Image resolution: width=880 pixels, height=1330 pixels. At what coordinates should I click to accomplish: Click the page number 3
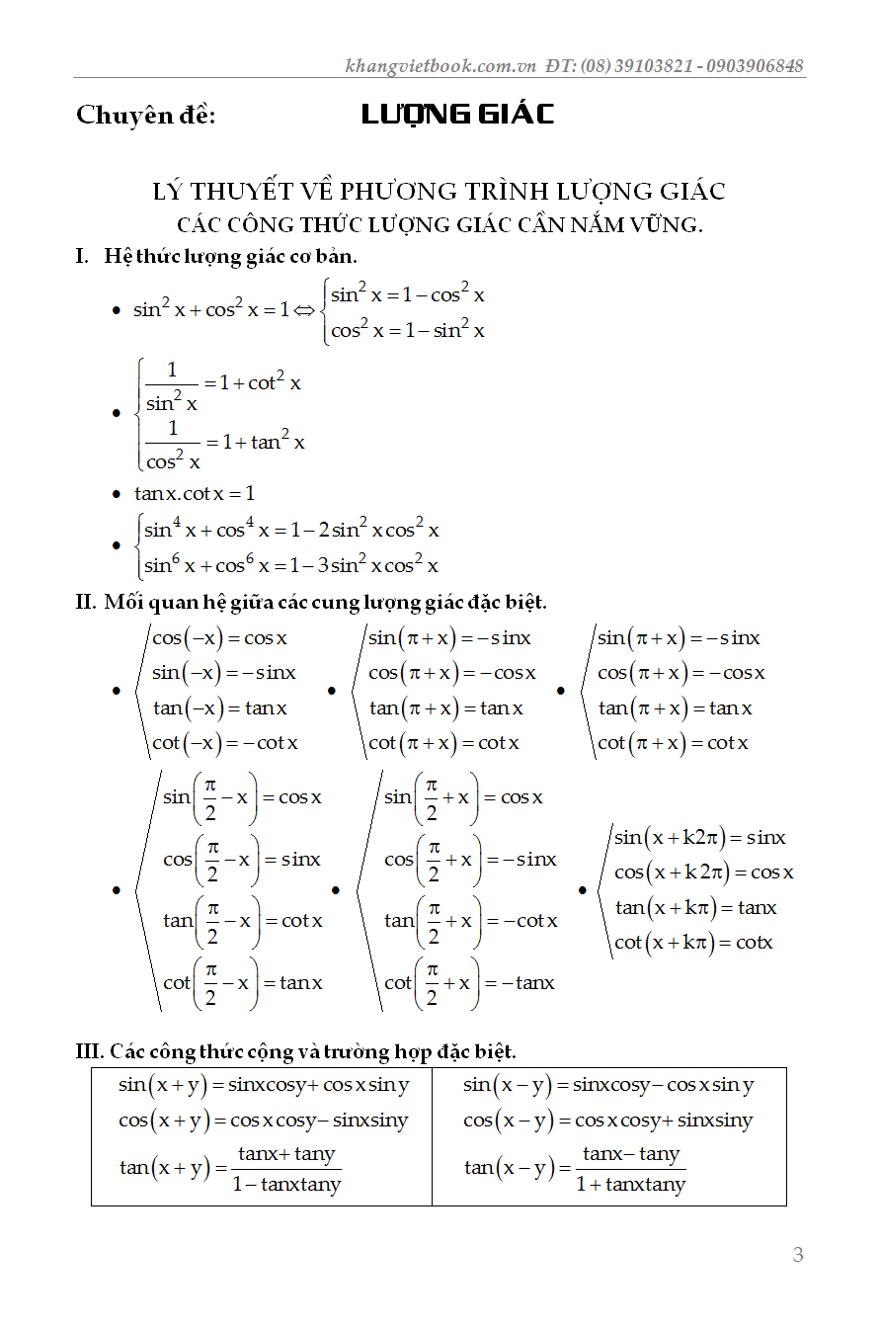(798, 1255)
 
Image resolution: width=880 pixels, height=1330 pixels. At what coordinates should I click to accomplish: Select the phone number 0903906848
(756, 66)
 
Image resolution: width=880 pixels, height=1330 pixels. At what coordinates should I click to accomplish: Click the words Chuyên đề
(146, 116)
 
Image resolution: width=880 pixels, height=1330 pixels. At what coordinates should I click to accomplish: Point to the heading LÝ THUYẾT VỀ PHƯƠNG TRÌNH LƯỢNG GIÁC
(440, 191)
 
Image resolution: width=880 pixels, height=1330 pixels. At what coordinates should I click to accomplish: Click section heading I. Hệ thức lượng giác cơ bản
(216, 256)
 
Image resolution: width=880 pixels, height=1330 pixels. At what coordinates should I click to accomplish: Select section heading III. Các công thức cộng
(296, 1050)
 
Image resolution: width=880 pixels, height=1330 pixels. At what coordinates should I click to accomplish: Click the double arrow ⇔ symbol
(304, 310)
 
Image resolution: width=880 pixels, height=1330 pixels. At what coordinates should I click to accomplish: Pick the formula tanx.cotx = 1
(195, 492)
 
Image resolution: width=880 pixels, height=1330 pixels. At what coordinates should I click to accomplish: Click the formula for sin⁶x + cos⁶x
(291, 565)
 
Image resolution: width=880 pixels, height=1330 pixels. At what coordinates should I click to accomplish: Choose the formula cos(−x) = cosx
(219, 638)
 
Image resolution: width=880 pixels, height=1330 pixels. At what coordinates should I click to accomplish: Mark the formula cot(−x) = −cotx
(224, 743)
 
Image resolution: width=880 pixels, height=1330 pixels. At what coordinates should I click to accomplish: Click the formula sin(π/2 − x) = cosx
(242, 797)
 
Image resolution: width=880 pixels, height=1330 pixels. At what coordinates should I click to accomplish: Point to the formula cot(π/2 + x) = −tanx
(469, 983)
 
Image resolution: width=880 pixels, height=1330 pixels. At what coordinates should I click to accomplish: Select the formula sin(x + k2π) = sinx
(699, 838)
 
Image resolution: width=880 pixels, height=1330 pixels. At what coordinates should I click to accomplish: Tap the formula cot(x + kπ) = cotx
(693, 943)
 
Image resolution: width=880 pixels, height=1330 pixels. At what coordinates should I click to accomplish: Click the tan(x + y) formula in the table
(230, 1169)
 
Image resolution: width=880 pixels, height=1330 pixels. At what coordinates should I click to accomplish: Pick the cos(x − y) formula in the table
(607, 1121)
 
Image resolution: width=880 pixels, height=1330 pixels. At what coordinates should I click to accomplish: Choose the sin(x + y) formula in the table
(264, 1085)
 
